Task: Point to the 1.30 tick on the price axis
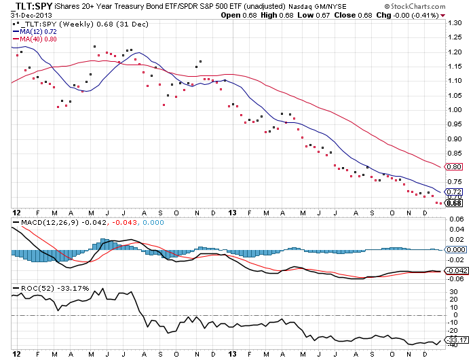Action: click(x=454, y=22)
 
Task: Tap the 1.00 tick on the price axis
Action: click(x=454, y=109)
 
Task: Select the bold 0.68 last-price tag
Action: click(x=454, y=203)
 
